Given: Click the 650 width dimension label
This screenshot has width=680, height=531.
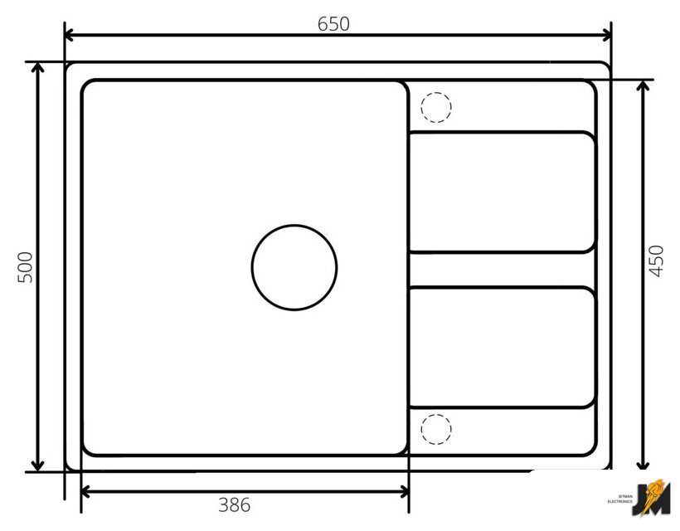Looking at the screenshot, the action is pyautogui.click(x=333, y=24).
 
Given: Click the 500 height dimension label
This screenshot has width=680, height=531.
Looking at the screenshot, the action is pyautogui.click(x=25, y=267).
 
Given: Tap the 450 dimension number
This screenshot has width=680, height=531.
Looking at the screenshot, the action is pyautogui.click(x=656, y=261).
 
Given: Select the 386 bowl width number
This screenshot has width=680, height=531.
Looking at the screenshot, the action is pyautogui.click(x=234, y=505).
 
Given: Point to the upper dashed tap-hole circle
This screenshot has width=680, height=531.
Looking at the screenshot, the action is pyautogui.click(x=436, y=93).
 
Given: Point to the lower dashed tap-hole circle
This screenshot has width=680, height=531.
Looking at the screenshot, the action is pyautogui.click(x=436, y=415).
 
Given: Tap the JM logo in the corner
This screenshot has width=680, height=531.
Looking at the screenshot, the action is pyautogui.click(x=650, y=498).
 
